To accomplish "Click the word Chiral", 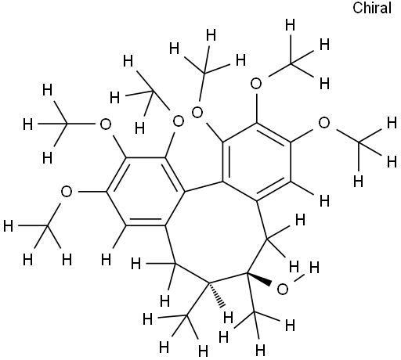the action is (x=372, y=8).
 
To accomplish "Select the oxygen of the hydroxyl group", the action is (x=283, y=290).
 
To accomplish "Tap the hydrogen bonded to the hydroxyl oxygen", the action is (x=314, y=268).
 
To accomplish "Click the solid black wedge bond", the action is (x=259, y=279).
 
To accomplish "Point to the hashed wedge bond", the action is (x=217, y=295).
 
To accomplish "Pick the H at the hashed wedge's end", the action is (x=228, y=318).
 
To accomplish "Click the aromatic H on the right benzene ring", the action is (x=324, y=201).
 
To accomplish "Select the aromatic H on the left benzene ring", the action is (x=106, y=260).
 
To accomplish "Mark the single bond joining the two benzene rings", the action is (x=204, y=187).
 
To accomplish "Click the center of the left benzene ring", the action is (x=146, y=192).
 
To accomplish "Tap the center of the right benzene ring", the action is (x=257, y=162).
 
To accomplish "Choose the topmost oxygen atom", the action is (x=256, y=84).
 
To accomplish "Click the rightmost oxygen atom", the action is (x=324, y=123).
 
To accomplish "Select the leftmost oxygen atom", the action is (x=67, y=192).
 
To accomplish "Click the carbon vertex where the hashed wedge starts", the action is (x=209, y=283).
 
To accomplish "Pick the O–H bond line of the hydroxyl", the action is (x=298, y=278).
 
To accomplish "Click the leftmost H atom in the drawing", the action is (x=8, y=226).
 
